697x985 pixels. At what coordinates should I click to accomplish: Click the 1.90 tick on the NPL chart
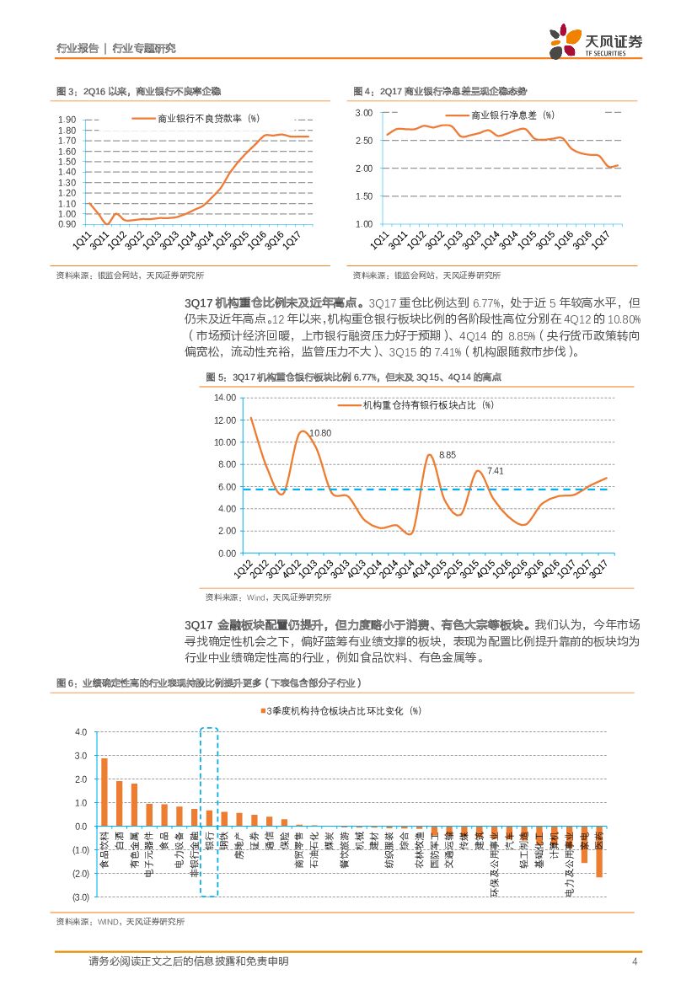67,120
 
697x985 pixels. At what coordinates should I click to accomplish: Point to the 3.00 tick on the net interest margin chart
363,112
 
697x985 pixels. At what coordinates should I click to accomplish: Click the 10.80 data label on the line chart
320,433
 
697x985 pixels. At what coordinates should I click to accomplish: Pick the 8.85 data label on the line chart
448,455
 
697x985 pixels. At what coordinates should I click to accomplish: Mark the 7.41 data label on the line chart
496,471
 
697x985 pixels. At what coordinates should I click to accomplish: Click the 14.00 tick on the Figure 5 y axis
224,398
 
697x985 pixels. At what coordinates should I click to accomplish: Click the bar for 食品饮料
105,792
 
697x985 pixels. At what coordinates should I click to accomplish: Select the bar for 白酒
120,804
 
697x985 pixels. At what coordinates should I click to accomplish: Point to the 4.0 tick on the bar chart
82,732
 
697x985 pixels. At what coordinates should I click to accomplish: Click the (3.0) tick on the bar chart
80,897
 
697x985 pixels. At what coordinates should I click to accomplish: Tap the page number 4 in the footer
633,961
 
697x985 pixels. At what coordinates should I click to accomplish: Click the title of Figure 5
354,377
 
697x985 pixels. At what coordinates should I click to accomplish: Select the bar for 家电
584,844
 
